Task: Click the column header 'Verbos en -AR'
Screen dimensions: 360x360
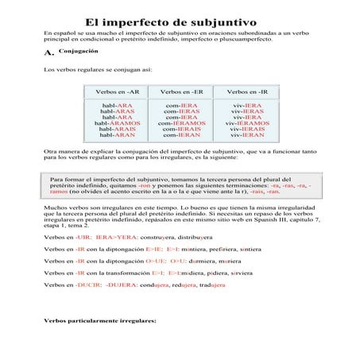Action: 118,92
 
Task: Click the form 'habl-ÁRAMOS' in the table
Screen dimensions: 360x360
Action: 118,124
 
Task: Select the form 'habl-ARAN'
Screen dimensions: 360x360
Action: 118,136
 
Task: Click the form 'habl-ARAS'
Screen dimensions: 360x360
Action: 118,111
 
